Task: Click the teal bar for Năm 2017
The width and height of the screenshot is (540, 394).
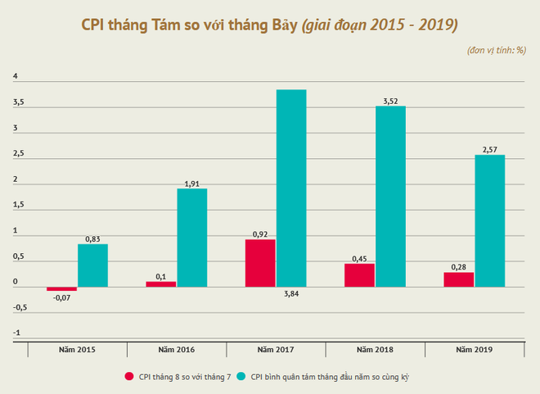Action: point(291,188)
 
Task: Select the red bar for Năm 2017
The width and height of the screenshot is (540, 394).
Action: point(260,263)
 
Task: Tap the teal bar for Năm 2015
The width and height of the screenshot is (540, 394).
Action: point(92,265)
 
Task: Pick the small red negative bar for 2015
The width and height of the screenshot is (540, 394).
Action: point(61,289)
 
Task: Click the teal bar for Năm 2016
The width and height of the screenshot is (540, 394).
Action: point(191,238)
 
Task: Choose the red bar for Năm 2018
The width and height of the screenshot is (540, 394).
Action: point(359,275)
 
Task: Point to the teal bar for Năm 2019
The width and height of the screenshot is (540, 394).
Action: point(489,221)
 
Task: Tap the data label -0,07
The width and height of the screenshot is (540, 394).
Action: point(61,298)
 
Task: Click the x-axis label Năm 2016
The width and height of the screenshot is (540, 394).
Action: point(177,350)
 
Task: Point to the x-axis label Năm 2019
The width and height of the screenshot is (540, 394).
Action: point(475,350)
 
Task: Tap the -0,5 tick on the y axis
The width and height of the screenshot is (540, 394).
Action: point(20,308)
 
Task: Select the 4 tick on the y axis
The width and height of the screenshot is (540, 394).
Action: point(15,78)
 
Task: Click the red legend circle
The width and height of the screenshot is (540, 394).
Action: point(129,377)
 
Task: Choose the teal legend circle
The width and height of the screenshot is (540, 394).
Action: point(241,377)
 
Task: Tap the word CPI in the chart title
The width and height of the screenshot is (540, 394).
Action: point(96,25)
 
